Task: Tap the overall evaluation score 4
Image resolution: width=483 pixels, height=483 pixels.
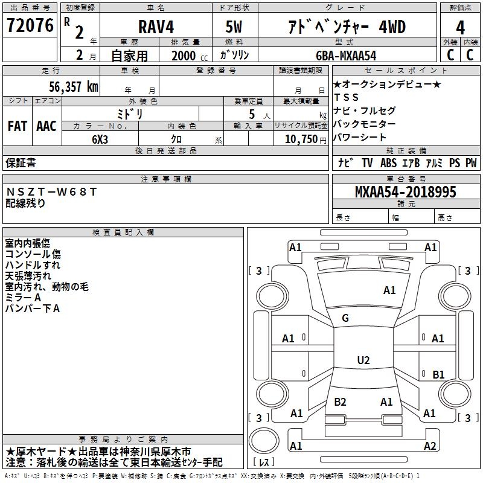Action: (x=460, y=28)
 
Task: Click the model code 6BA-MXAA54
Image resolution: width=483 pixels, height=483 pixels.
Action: (x=346, y=56)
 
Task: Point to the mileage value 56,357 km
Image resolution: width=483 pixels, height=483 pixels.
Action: (x=66, y=86)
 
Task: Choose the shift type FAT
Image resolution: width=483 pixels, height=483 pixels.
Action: (x=18, y=126)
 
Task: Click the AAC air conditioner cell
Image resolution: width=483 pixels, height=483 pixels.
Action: (x=46, y=126)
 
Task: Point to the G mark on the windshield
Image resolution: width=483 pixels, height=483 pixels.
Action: (x=345, y=318)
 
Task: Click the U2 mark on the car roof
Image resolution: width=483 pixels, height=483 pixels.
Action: (x=363, y=360)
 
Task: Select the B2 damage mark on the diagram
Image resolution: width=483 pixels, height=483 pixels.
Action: (x=340, y=401)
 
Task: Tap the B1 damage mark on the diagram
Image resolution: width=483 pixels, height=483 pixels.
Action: (x=438, y=375)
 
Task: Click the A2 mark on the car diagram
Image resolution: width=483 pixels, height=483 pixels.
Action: (x=430, y=446)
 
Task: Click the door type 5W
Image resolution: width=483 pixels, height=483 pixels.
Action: (x=234, y=28)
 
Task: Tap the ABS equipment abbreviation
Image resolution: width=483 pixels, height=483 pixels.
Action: (x=388, y=162)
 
